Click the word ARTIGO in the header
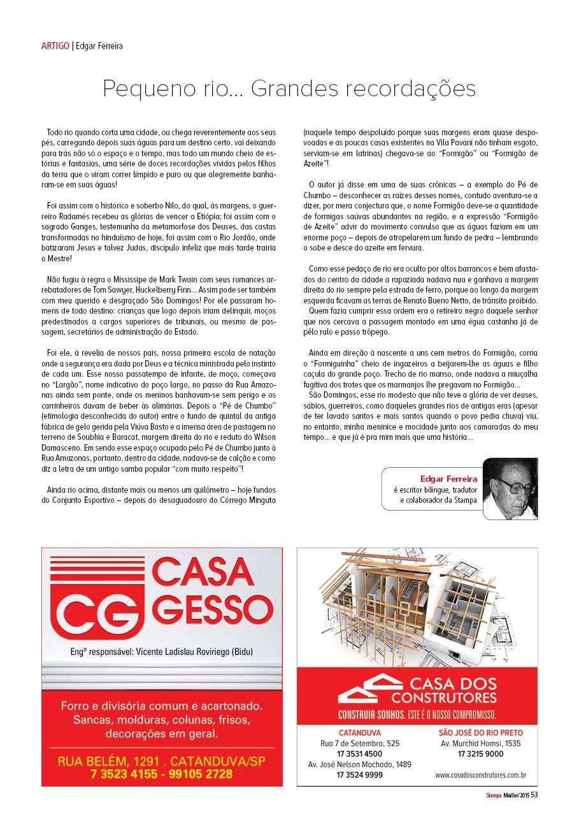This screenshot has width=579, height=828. tap(55, 46)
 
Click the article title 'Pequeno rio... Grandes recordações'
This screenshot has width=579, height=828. tap(289, 89)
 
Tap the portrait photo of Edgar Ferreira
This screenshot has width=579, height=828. tap(510, 488)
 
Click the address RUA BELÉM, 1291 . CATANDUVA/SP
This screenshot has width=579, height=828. tap(162, 761)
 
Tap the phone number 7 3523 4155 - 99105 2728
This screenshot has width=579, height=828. tap(162, 774)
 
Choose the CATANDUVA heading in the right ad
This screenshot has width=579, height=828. tap(360, 733)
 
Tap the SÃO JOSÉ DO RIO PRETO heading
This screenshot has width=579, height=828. tap(480, 733)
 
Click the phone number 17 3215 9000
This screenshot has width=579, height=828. tap(480, 754)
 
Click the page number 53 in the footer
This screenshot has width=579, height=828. tap(534, 795)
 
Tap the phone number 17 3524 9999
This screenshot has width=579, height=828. tap(360, 775)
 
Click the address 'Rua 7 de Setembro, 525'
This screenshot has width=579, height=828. tap(360, 743)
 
